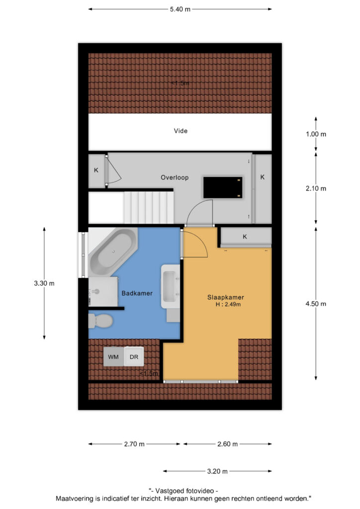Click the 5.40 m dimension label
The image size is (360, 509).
click(180, 9)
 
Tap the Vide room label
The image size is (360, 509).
click(180, 131)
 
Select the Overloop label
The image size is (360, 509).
click(175, 177)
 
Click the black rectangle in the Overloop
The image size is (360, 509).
click(223, 187)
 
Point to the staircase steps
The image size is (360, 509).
click(149, 207)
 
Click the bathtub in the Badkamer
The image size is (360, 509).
click(112, 252)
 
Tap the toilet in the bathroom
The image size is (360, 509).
click(100, 321)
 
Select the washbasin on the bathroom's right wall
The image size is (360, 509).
click(171, 286)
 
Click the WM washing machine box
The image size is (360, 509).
click(113, 357)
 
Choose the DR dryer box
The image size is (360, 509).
click(134, 357)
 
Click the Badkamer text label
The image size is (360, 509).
click(137, 293)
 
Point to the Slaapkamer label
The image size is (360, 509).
click(226, 297)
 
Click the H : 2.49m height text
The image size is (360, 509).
click(228, 305)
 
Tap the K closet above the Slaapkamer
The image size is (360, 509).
click(246, 237)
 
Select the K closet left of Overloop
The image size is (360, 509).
click(96, 170)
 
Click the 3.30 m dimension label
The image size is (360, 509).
click(44, 283)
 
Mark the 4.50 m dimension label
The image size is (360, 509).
click(316, 304)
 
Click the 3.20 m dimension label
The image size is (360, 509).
click(217, 471)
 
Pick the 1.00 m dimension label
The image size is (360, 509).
click(316, 134)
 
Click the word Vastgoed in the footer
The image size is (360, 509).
click(170, 491)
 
